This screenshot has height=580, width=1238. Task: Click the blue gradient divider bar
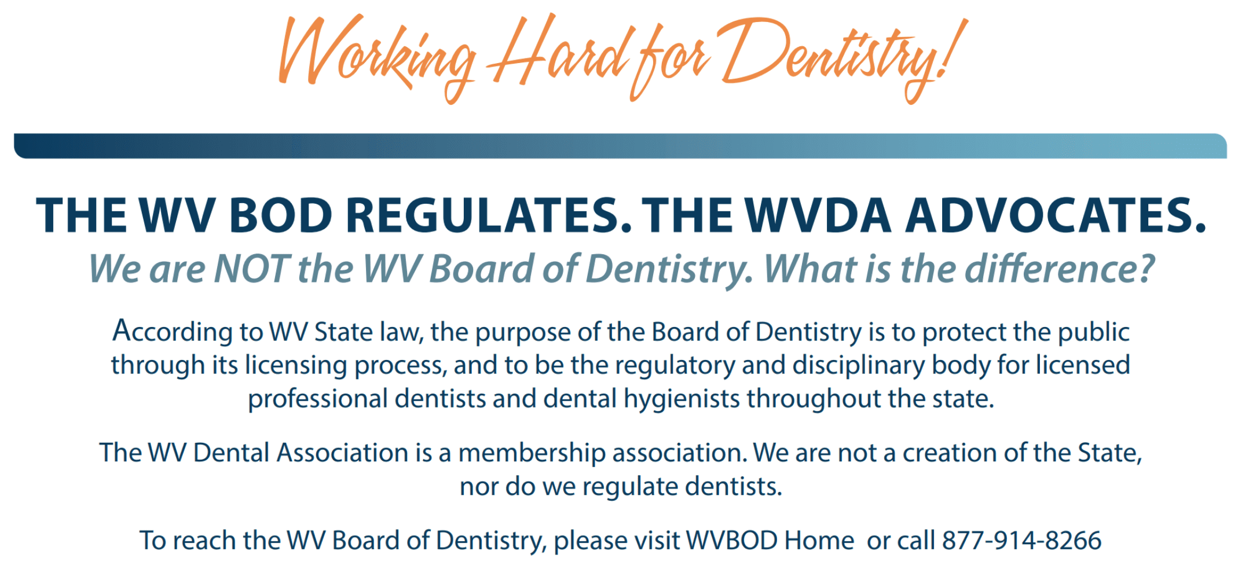[x=620, y=146]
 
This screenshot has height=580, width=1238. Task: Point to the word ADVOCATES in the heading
[x=1056, y=215]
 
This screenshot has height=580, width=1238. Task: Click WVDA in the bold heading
[x=818, y=215]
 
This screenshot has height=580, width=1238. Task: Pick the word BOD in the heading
[x=281, y=215]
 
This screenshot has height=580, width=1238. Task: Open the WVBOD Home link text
[x=770, y=541]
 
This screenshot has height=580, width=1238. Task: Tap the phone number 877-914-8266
[x=1022, y=541]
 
